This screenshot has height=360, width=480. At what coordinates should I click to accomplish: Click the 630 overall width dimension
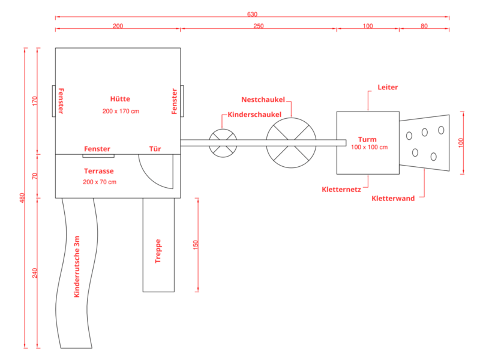pos(252,14)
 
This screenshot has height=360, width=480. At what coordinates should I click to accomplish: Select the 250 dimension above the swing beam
pos(259,26)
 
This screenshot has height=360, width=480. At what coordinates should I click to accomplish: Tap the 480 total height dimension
pos(22,198)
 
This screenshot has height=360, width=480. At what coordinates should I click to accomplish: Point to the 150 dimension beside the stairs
pos(196,245)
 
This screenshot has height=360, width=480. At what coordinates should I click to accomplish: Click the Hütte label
pos(120,99)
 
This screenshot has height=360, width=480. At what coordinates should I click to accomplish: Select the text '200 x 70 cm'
pos(100,182)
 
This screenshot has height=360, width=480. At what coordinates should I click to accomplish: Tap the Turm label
pos(367,140)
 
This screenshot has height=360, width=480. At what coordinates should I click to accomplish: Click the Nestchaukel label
pos(263,100)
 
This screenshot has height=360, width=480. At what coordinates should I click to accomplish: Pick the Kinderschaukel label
pos(254,115)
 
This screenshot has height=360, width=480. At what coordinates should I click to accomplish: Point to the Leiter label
pos(388,87)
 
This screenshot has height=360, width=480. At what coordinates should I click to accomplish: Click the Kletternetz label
pos(341,190)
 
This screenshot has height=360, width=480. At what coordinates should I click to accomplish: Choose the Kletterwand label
pos(393,199)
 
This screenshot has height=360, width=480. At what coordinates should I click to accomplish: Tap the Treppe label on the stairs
pos(158,251)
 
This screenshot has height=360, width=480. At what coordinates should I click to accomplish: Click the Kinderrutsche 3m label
pos(77,266)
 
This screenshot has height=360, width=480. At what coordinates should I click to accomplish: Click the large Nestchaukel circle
pos(291,118)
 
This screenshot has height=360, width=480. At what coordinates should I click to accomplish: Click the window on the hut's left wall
pos(54,101)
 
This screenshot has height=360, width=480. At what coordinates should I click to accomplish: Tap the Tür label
pos(155,149)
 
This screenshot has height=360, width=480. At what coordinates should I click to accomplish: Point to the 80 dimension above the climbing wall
pos(424,26)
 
